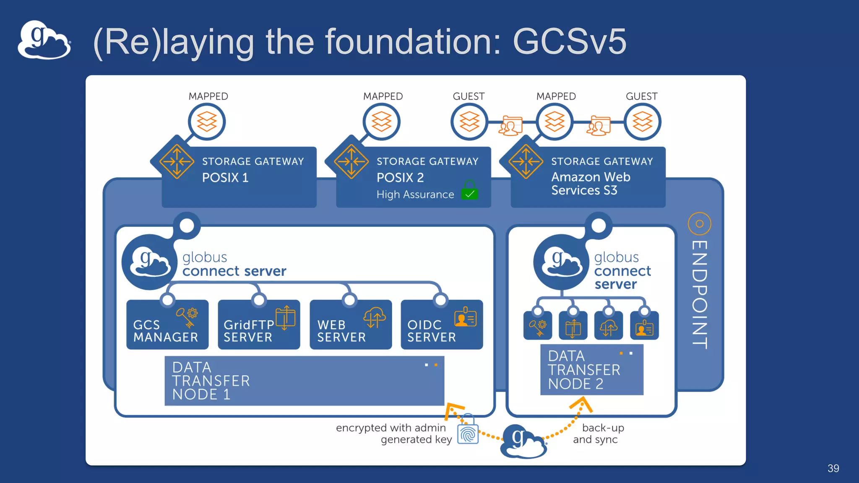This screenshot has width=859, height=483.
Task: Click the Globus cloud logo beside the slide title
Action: (x=44, y=40)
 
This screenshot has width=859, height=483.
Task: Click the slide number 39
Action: (x=833, y=468)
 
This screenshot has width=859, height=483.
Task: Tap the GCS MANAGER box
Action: (x=167, y=325)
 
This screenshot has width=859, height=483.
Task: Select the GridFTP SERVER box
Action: (x=258, y=325)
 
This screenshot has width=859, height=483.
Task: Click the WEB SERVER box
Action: (x=350, y=325)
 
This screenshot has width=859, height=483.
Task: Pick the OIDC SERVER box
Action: (x=441, y=325)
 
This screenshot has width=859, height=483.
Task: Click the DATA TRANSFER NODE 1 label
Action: (x=211, y=381)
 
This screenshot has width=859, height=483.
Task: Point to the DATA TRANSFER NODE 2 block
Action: (x=591, y=370)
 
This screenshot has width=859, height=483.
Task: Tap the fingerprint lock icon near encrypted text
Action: (x=468, y=433)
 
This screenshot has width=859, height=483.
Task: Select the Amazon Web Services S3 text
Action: (x=590, y=184)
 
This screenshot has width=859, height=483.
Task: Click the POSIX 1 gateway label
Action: (x=225, y=178)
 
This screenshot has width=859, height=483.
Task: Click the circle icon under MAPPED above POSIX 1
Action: (x=207, y=122)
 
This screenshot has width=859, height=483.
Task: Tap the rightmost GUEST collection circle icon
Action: (x=642, y=122)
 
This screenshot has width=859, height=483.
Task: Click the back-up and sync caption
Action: (x=599, y=434)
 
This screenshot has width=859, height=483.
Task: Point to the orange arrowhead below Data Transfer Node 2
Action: (x=581, y=404)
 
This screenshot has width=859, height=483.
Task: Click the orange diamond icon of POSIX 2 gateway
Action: (x=351, y=161)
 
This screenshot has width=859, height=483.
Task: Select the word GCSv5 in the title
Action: (x=569, y=42)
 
